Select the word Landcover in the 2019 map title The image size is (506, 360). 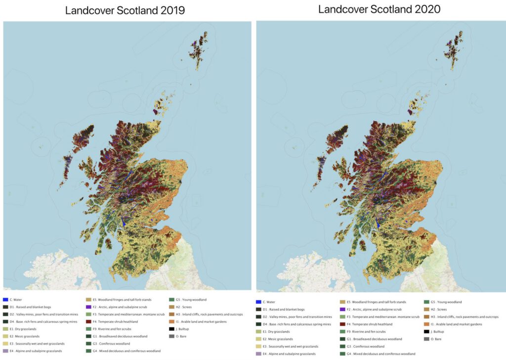[94, 10]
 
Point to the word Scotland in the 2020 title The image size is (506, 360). [380, 9]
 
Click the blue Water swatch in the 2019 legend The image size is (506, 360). [5, 300]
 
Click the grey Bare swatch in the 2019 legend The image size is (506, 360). [171, 336]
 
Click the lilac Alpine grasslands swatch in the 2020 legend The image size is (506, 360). [259, 354]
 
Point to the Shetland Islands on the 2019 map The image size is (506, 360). [200, 49]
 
